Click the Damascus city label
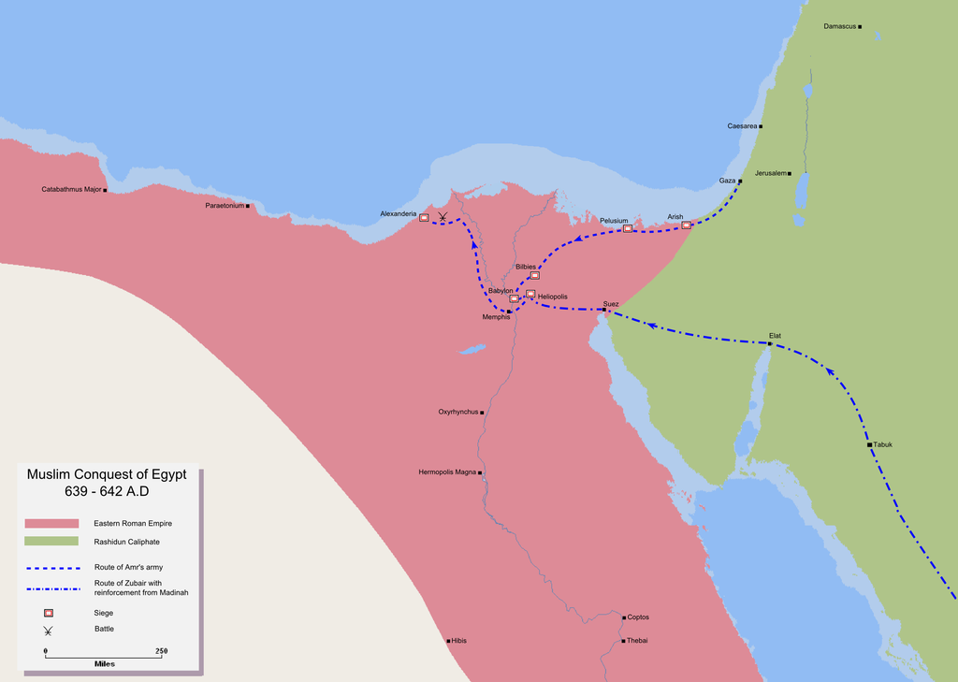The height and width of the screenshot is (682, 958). point(840,26)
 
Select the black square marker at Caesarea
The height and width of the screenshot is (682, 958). point(762,126)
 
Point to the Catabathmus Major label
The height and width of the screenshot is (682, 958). point(71,190)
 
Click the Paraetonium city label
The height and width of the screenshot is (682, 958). point(225,205)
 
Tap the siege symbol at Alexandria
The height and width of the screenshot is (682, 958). point(424,217)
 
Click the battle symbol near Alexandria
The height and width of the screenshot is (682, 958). point(443,217)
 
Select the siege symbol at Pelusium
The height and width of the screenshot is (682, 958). point(628,228)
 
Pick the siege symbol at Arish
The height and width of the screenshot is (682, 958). point(687,225)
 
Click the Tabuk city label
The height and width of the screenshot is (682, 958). point(883,444)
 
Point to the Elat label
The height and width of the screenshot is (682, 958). point(775,335)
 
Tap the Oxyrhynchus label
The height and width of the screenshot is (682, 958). point(458,412)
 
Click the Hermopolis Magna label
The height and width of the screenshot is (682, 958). point(448,472)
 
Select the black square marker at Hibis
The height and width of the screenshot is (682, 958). point(449,641)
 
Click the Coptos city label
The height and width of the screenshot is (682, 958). point(638,617)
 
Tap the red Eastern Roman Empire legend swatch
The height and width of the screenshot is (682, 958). point(51,523)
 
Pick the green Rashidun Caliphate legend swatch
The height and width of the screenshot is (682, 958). point(51,542)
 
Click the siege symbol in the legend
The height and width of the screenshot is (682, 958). point(48,613)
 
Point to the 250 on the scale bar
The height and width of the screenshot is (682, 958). point(161,650)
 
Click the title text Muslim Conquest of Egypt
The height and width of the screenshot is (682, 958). point(107,475)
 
